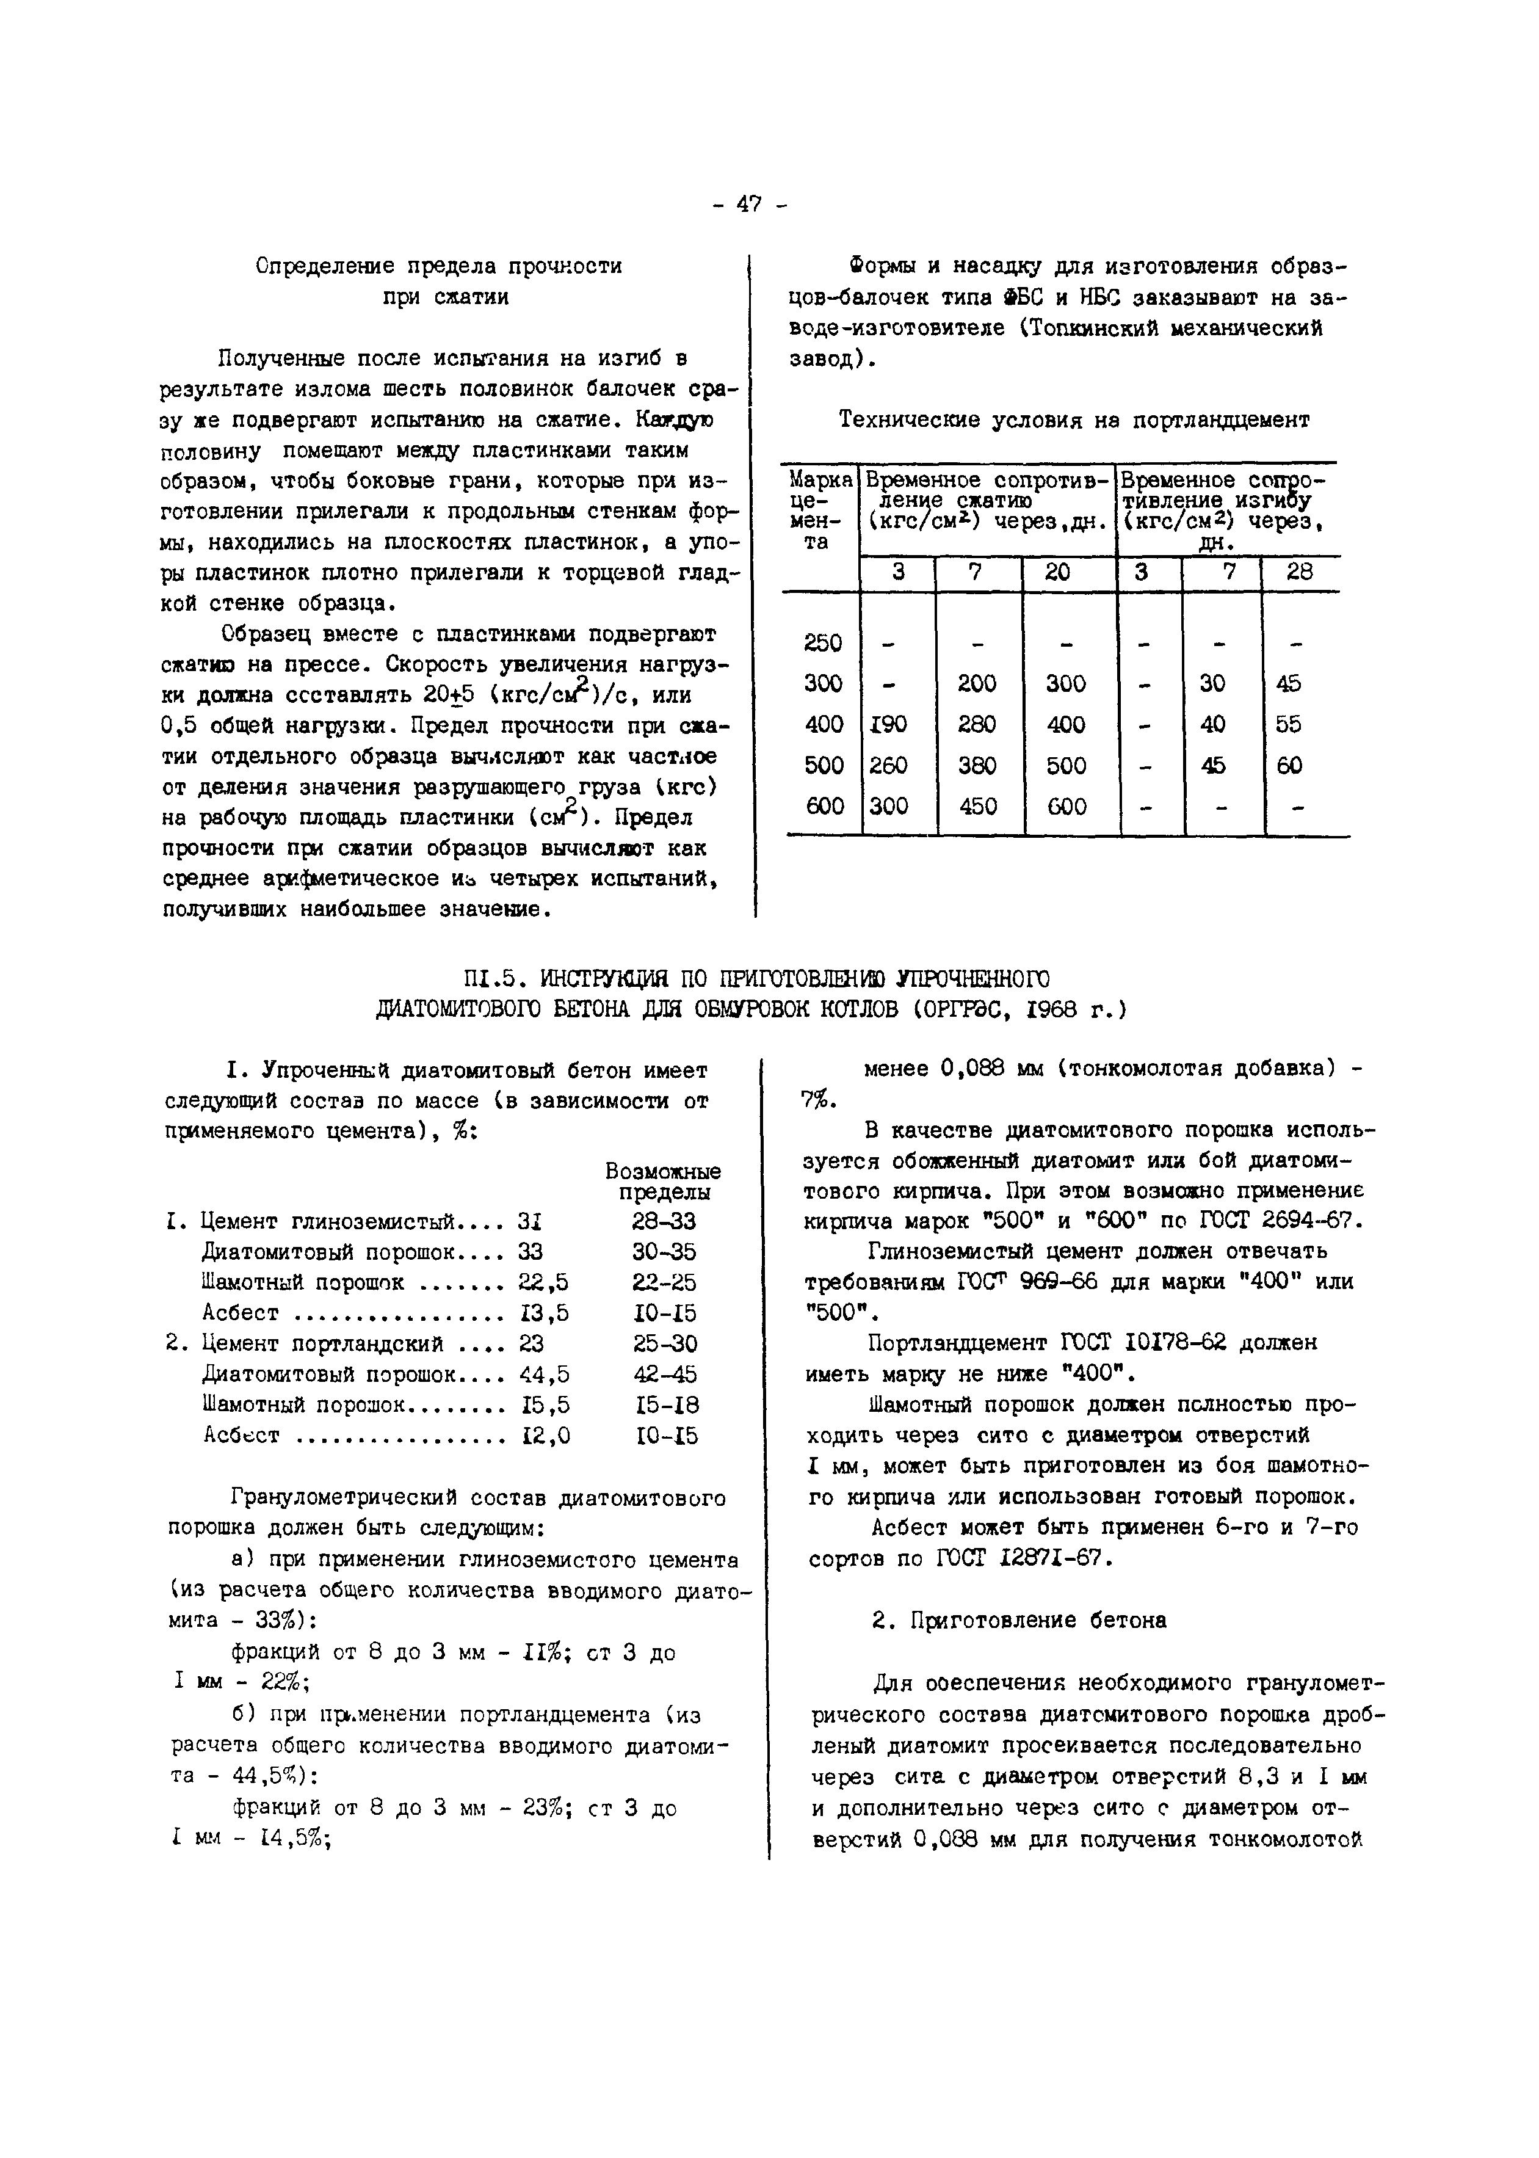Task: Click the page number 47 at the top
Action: [748, 204]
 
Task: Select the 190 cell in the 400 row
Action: [888, 724]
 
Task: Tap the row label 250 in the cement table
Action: [822, 642]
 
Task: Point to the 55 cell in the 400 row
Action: [1289, 724]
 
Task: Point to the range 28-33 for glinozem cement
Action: [664, 1222]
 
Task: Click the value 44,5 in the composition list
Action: [544, 1374]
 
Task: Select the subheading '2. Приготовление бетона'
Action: [1019, 1619]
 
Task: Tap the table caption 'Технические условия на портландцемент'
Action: [1074, 420]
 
